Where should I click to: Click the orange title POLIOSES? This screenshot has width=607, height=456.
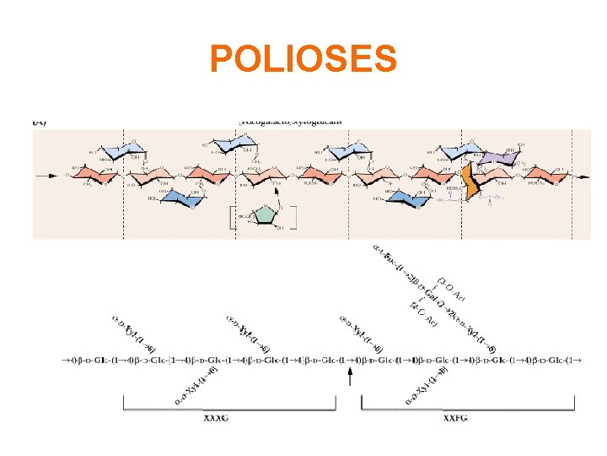click(x=303, y=59)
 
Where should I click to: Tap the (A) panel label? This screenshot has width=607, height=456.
click(x=40, y=122)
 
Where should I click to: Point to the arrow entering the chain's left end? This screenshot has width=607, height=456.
click(x=43, y=176)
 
